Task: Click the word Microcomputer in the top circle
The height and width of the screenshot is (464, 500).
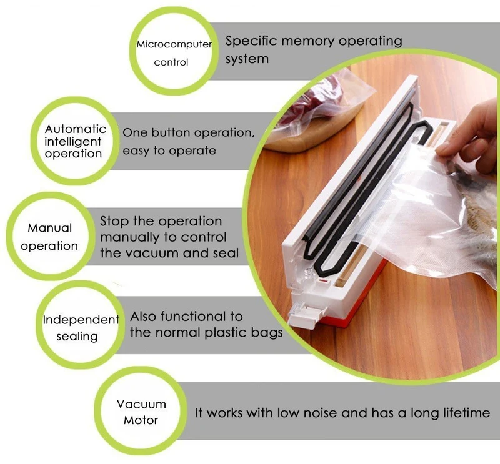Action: click(174, 44)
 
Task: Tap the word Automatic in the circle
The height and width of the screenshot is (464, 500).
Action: click(75, 129)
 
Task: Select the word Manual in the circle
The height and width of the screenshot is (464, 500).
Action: click(50, 228)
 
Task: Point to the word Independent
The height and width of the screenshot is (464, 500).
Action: click(81, 320)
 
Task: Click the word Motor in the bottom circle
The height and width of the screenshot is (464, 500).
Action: click(141, 420)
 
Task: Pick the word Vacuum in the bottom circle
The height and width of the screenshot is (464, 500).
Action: click(141, 404)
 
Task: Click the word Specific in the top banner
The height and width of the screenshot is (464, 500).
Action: click(251, 41)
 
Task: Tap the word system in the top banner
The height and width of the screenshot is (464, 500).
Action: click(247, 59)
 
